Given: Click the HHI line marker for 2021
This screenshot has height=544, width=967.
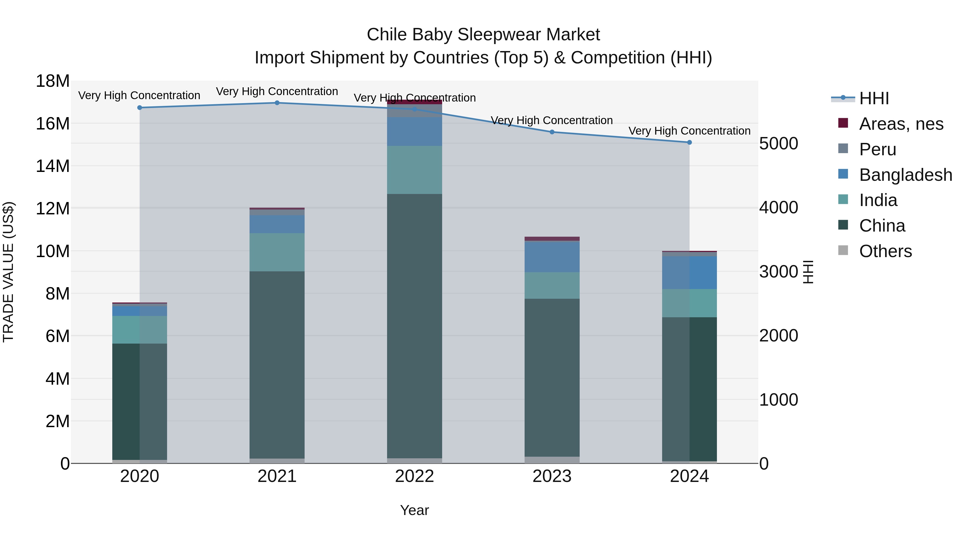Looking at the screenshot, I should pos(277,103).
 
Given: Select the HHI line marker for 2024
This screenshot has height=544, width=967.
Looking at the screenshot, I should pos(689,142).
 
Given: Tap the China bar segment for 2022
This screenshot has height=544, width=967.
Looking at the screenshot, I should pos(414,326).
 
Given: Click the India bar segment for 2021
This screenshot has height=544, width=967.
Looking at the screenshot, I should pos(277,252).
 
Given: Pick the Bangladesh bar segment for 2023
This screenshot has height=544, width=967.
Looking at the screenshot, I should pos(552,257).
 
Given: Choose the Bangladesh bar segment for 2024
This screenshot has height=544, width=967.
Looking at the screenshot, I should pos(689,273).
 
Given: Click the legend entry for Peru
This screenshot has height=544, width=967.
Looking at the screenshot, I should pos(878,149).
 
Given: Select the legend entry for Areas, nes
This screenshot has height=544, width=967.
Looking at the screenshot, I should pos(901,124).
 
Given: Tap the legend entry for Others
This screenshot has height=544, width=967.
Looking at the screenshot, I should pos(885,251).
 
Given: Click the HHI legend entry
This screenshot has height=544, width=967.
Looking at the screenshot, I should pos(874,98).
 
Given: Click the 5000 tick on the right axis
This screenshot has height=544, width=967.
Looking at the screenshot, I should pos(778,143).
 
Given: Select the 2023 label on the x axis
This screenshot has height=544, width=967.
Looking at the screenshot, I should pos(552,476).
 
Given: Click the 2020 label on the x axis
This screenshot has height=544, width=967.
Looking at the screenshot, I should pos(140,476).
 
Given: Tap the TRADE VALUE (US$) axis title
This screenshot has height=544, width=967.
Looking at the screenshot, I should pos(8,272).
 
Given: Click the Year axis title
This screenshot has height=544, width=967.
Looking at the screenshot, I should pos(414,510).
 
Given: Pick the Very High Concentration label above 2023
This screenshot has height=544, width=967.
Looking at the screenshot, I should pos(552,121).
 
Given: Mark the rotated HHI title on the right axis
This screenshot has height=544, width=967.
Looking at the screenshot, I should pos(808,272).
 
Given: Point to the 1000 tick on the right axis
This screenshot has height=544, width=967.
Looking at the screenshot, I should pos(778,400).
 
